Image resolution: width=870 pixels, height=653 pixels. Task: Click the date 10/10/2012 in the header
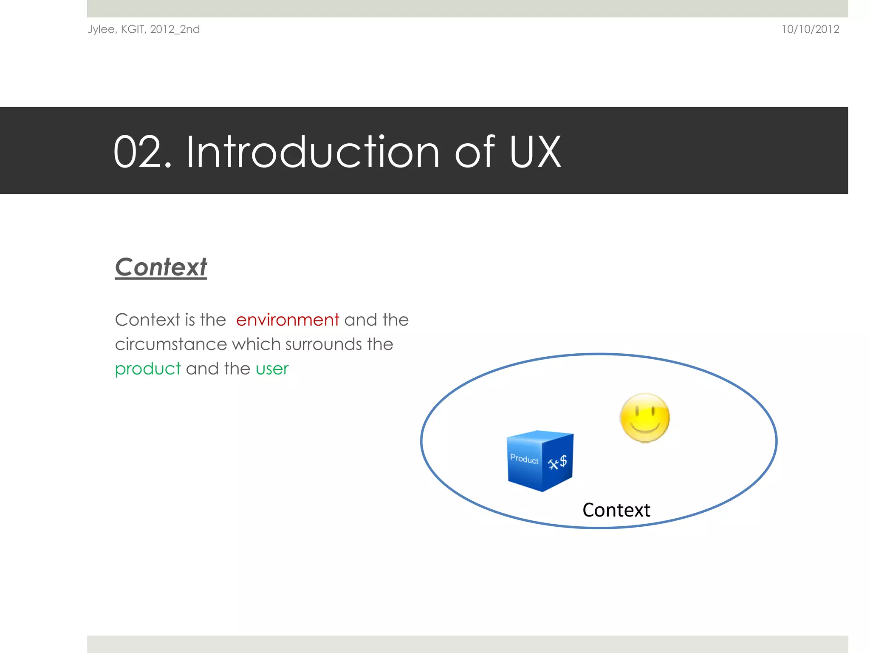tap(810, 29)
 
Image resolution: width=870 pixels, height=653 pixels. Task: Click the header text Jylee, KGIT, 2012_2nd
tap(144, 29)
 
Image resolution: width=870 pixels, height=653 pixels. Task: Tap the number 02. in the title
tap(142, 152)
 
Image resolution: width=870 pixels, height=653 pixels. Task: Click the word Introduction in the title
tap(313, 152)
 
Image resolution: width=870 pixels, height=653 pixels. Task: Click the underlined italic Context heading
tap(161, 267)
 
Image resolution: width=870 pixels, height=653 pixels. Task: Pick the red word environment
tap(288, 320)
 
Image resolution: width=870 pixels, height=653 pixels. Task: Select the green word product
tap(148, 369)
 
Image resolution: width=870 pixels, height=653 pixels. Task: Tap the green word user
tap(272, 369)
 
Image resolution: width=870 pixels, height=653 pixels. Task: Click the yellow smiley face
tap(644, 418)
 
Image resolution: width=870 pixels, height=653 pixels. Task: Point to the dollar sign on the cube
tap(563, 460)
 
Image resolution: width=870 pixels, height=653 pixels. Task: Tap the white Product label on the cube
tap(524, 459)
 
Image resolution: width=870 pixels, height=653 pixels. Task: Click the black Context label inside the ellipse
tap(616, 510)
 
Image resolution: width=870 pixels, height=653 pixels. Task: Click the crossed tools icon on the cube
tap(553, 464)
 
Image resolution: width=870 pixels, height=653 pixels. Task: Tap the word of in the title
tap(475, 152)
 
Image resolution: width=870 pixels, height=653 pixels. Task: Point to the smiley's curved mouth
tap(645, 426)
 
